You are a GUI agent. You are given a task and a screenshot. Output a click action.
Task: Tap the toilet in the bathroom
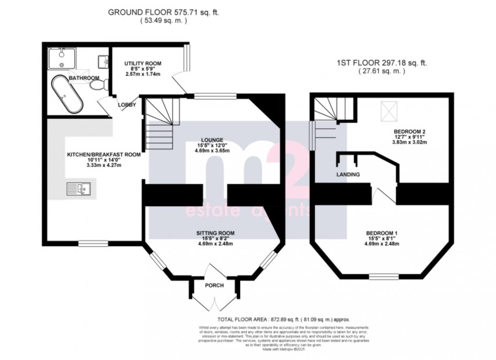pyautogui.click(x=98, y=85)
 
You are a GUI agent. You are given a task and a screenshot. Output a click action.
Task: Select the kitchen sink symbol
pyautogui.click(x=77, y=188)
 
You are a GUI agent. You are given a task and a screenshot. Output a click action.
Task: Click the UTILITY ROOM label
pyautogui.click(x=142, y=63)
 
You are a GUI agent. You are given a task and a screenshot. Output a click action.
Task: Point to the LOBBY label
pyautogui.click(x=127, y=105)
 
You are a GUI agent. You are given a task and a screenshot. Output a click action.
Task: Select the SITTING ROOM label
pyautogui.click(x=215, y=233)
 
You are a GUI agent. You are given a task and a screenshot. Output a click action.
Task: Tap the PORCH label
pyautogui.click(x=213, y=285)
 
